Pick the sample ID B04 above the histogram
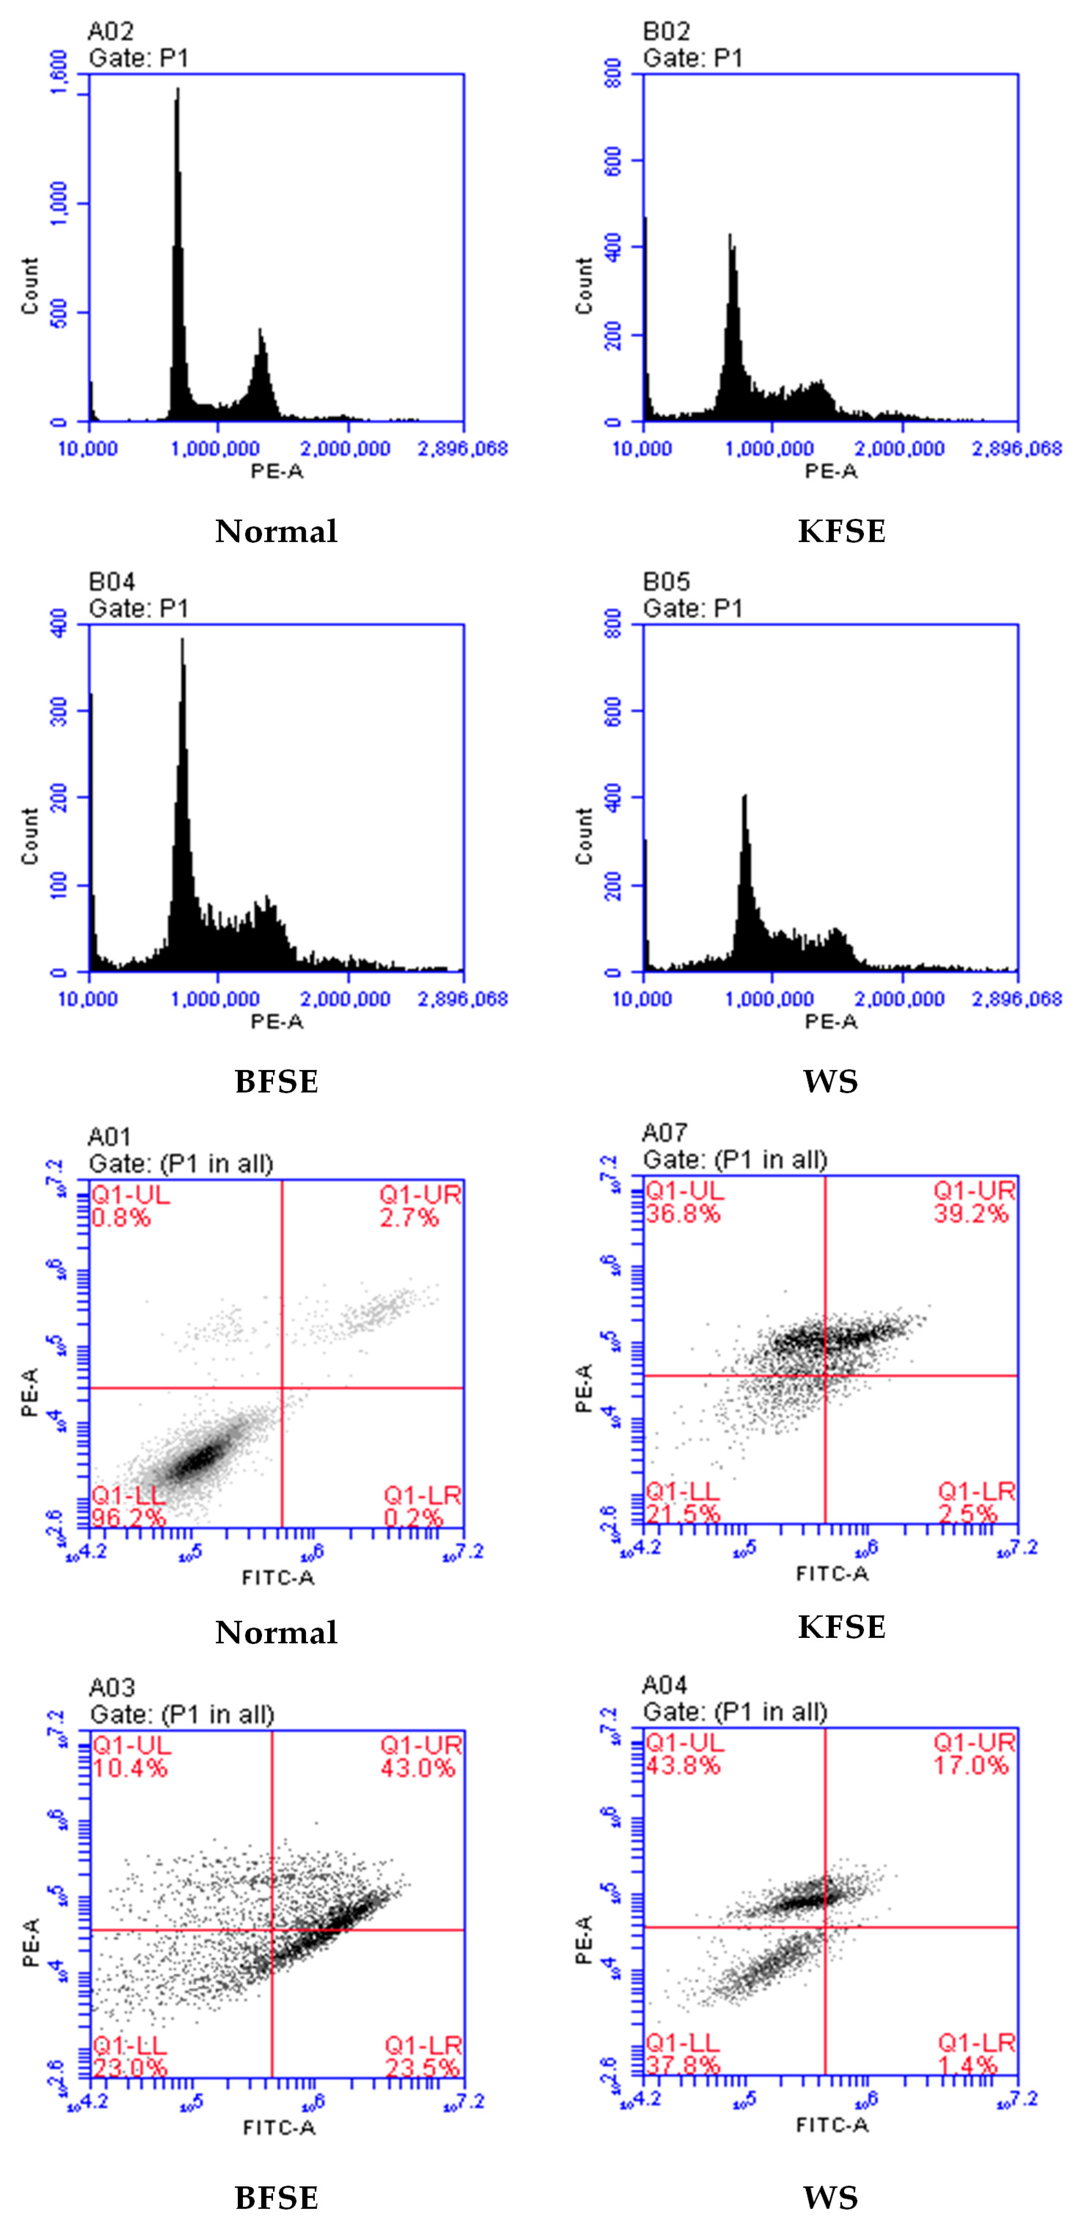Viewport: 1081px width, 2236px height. pos(111,582)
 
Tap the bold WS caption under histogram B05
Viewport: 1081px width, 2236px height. pos(830,1082)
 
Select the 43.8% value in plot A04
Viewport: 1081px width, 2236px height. pos(683,1765)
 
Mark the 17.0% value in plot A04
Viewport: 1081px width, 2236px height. pos(971,1765)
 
